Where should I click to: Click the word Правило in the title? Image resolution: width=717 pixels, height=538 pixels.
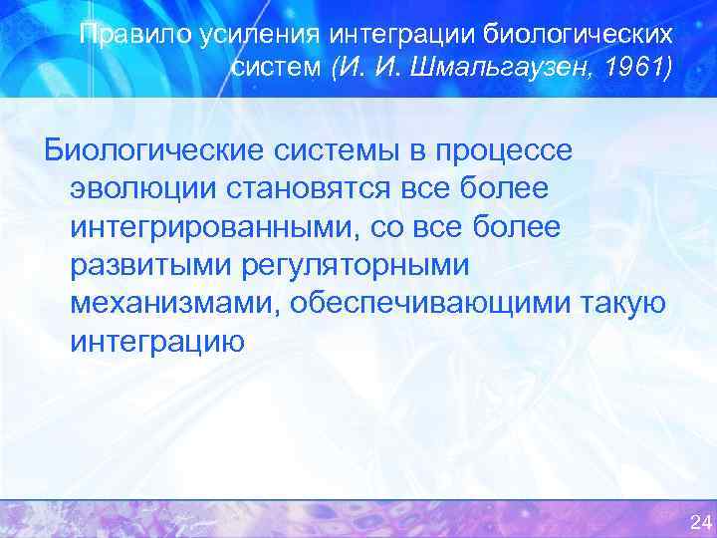(119, 36)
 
